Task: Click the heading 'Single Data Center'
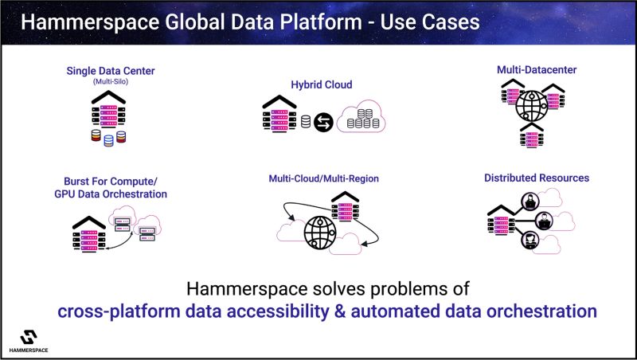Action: click(x=111, y=71)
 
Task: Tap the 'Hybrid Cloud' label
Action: click(x=322, y=84)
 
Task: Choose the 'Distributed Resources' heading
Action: click(x=537, y=178)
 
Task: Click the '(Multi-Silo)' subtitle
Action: click(x=111, y=81)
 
